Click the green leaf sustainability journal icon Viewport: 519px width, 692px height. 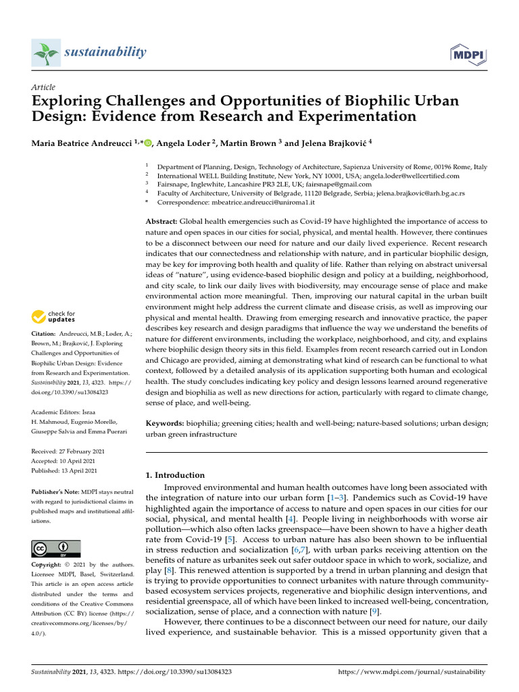coord(45,52)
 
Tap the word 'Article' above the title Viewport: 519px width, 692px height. coord(44,87)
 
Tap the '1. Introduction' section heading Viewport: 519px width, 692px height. coord(175,475)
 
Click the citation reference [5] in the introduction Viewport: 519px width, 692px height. coord(230,540)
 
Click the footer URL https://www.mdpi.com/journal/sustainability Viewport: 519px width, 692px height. coord(411,672)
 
